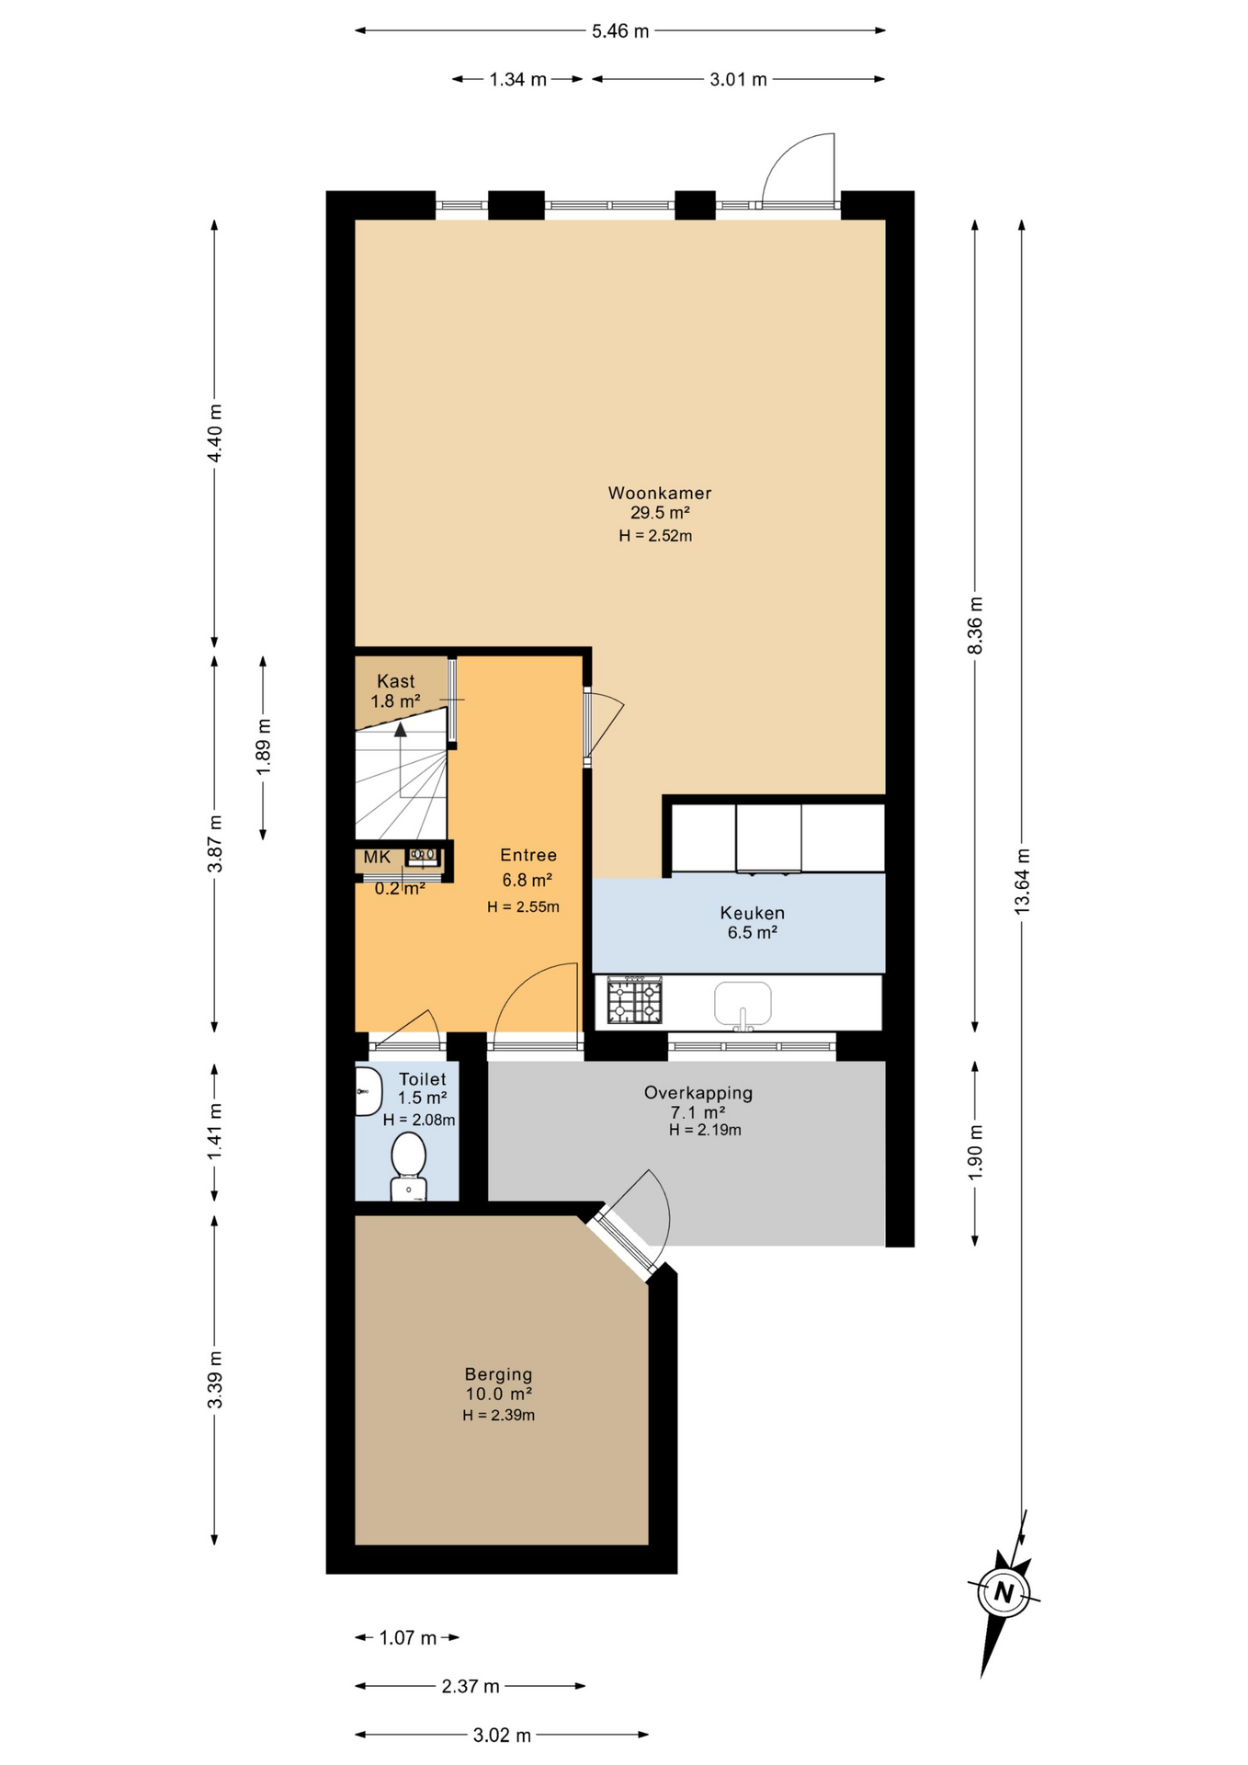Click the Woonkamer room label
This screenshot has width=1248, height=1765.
[660, 493]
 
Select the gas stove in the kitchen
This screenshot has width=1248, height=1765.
[634, 1001]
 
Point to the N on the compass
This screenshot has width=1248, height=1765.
[1004, 1593]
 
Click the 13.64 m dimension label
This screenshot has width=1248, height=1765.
[1022, 881]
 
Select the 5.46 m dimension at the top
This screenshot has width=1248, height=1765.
[620, 31]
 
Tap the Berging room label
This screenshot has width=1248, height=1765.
[498, 1374]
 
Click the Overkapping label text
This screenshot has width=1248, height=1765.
[698, 1093]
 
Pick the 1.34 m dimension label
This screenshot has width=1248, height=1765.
[518, 80]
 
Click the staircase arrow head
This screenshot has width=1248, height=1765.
[400, 730]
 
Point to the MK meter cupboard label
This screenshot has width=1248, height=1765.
[377, 858]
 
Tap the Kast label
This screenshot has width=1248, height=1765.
[395, 681]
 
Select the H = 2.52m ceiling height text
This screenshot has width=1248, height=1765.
[655, 536]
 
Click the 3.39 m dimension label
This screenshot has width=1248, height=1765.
[215, 1380]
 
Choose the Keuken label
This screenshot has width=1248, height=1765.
[752, 913]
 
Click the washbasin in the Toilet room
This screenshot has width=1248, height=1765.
[368, 1091]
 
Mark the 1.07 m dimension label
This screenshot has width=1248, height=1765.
[408, 1638]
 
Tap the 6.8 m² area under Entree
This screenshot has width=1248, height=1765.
[527, 881]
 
